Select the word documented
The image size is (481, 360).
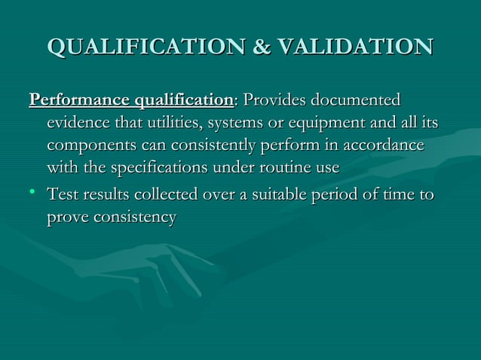357,100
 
